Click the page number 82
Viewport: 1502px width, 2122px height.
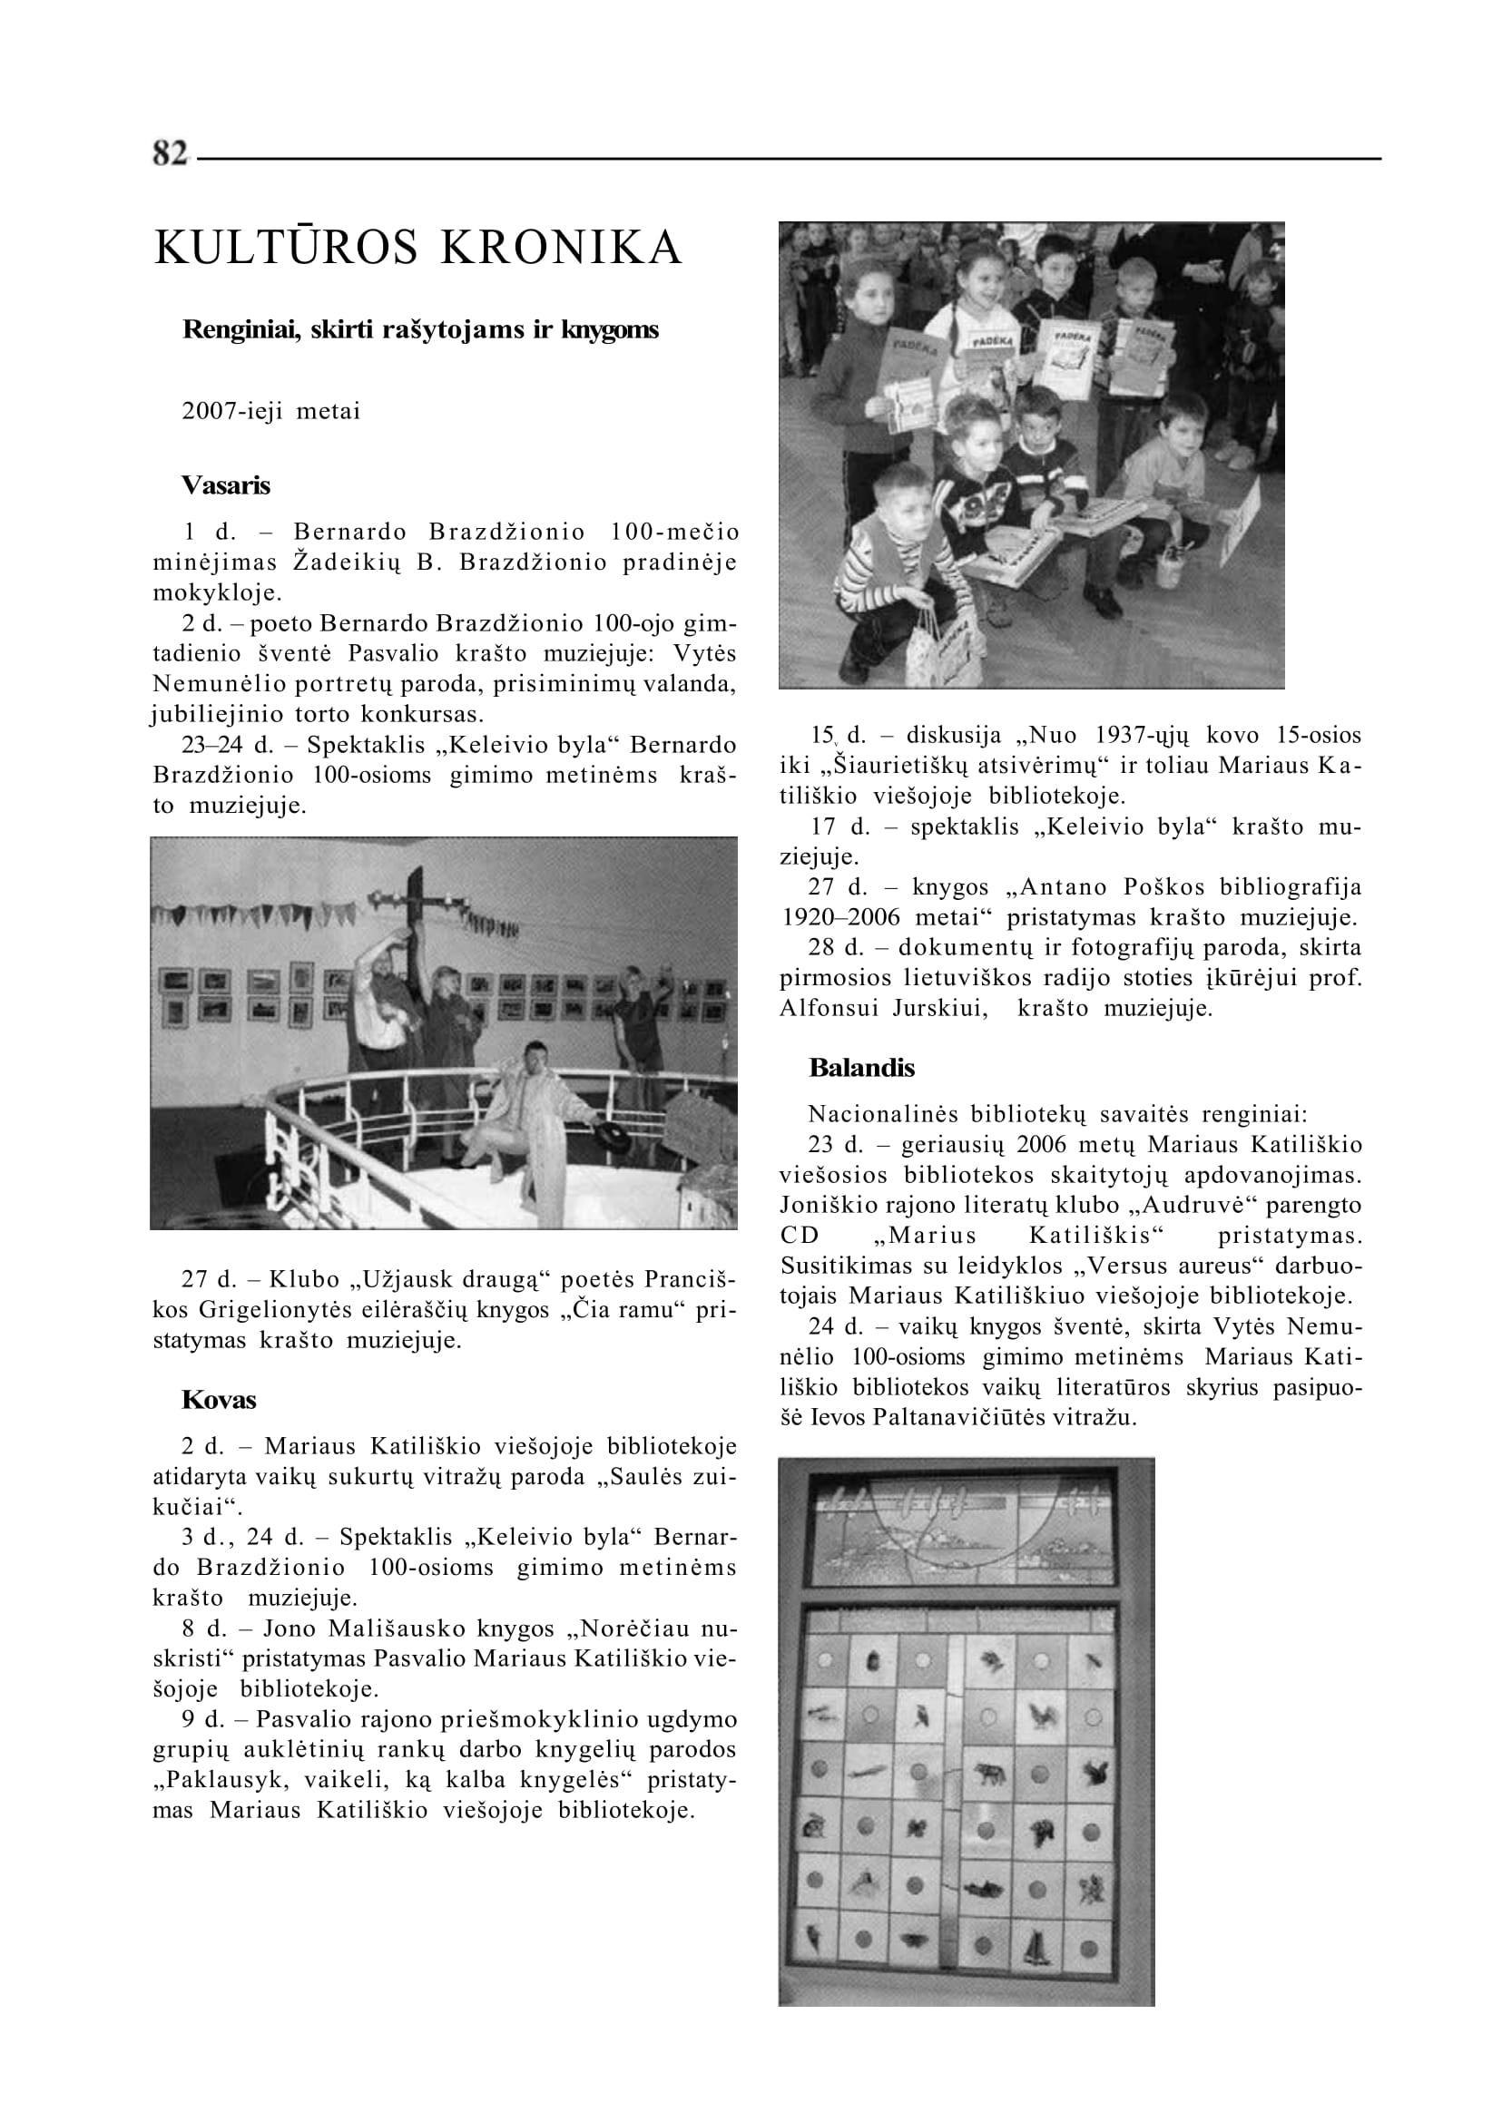point(171,153)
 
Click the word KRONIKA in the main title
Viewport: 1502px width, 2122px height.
point(561,248)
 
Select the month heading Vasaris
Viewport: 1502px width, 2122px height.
point(226,485)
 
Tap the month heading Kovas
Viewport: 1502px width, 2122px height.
point(219,1400)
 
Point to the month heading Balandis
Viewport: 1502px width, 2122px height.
point(861,1068)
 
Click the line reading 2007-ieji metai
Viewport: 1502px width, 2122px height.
point(271,412)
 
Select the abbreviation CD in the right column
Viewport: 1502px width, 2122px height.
point(800,1237)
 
